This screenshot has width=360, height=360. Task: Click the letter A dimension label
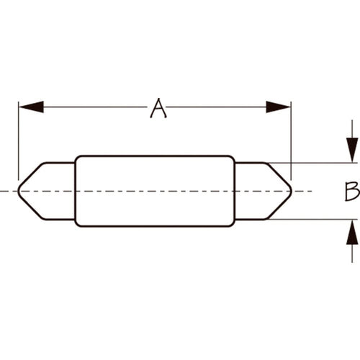click(x=158, y=108)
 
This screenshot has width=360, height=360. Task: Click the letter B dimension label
click(x=352, y=192)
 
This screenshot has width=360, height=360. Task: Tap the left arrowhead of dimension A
click(x=31, y=107)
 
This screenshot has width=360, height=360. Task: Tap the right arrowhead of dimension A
click(x=279, y=107)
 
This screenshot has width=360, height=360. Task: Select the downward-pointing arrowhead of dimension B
click(x=352, y=150)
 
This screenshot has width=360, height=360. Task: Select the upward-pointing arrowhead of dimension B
click(x=352, y=233)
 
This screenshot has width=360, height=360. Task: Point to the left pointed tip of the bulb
click(x=18, y=192)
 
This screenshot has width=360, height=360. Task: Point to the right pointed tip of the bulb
click(x=292, y=192)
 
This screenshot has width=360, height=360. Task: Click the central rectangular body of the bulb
click(x=155, y=191)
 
